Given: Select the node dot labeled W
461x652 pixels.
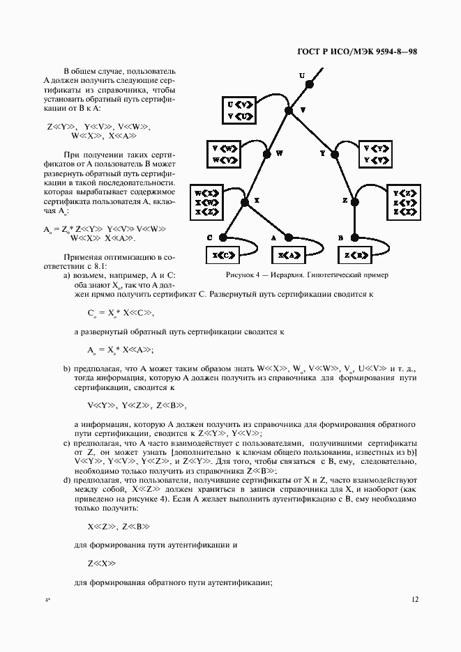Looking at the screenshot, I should (266, 154).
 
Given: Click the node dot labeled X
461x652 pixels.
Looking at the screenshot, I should (244, 202).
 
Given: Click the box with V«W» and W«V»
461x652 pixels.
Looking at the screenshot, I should (225, 155).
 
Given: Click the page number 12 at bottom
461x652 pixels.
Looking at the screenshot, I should (415, 598).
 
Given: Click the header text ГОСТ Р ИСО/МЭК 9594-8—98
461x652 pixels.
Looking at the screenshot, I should (357, 52).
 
